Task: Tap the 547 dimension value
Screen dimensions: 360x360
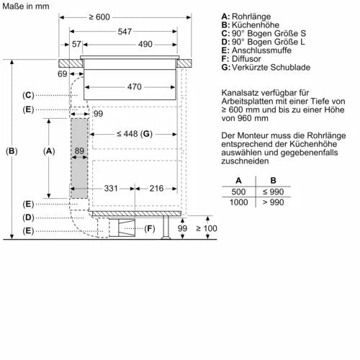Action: pos(125,32)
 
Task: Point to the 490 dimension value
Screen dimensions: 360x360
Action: pos(146,45)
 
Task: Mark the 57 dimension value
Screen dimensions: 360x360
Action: pos(76,45)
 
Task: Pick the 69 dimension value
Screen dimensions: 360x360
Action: pos(63,74)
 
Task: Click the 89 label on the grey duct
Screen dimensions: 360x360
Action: pos(78,152)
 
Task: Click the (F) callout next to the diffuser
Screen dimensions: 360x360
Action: pos(150,229)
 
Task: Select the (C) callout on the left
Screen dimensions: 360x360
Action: pos(28,95)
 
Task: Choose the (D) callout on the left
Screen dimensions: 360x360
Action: pos(28,217)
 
